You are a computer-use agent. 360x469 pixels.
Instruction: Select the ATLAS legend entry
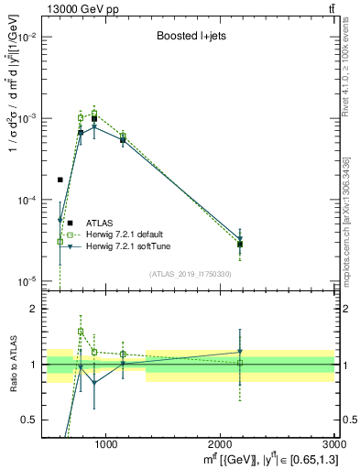(x=100, y=223)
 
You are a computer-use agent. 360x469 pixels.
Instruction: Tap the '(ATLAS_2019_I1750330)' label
(x=191, y=274)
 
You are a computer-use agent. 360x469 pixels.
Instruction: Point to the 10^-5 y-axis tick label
(x=29, y=281)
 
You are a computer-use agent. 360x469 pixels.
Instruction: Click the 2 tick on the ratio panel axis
(x=37, y=310)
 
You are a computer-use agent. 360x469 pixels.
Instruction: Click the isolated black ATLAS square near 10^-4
(x=60, y=180)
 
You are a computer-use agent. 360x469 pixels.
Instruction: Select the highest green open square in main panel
(x=93, y=114)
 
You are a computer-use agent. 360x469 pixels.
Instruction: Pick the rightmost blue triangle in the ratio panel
(x=240, y=352)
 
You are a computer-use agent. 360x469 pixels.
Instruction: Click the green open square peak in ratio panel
(x=81, y=332)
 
